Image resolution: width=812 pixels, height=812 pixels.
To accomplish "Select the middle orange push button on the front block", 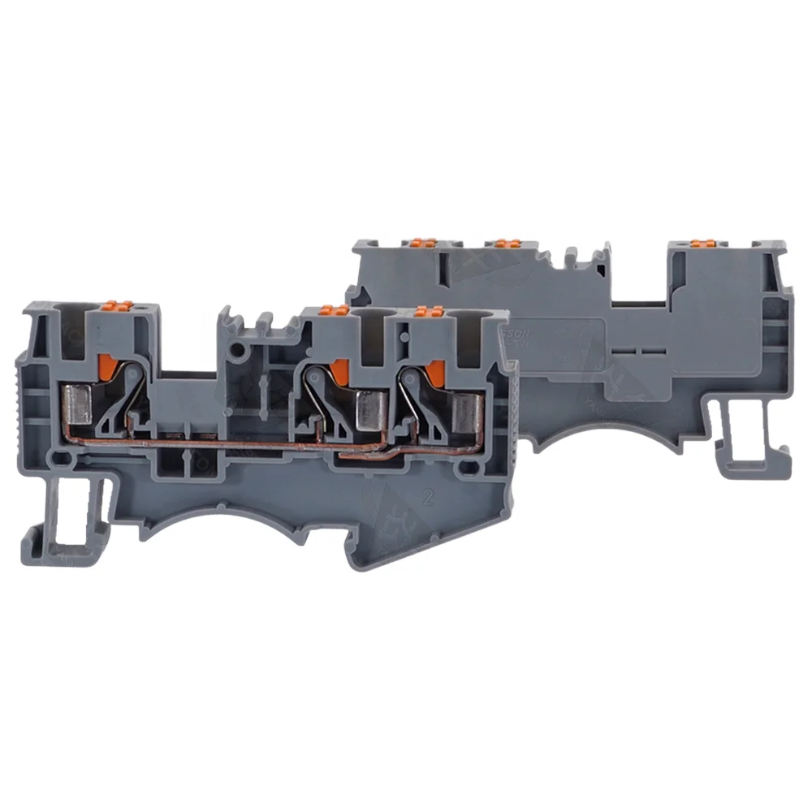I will click(x=330, y=310).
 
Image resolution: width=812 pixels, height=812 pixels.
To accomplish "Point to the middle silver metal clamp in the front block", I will click(x=374, y=405).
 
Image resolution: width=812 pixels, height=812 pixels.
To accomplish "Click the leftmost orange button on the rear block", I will click(x=421, y=242).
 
